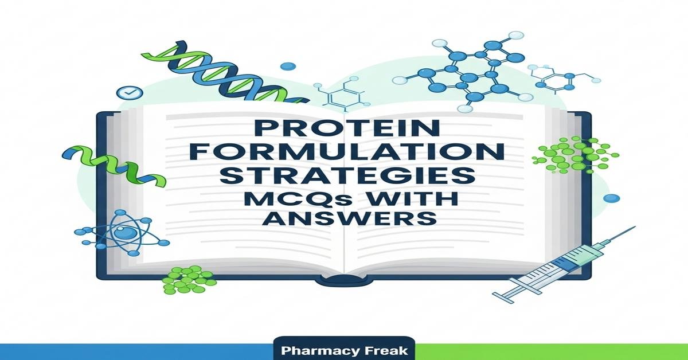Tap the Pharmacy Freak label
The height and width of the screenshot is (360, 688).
345,350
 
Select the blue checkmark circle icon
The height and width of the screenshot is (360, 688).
124,92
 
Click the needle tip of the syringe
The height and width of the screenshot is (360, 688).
632,230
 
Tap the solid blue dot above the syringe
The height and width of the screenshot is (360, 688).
612,198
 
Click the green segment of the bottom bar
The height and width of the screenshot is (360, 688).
550,351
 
